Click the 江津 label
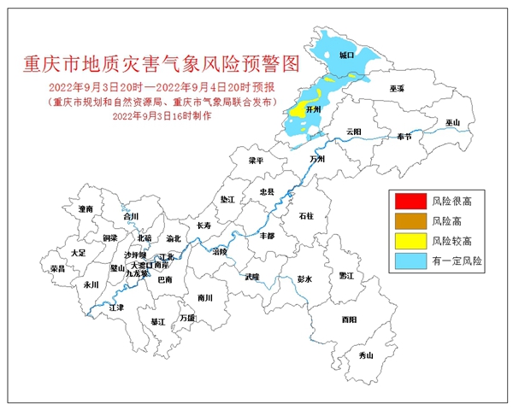pos(116,306)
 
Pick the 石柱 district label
pos(306,217)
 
